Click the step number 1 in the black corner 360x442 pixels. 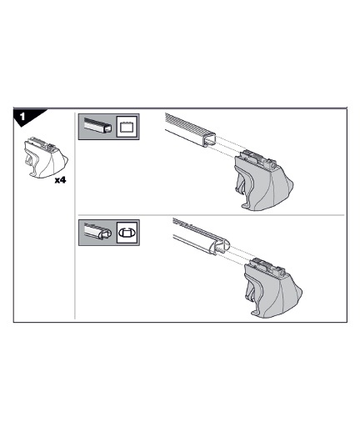point(22,116)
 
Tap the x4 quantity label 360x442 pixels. point(60,180)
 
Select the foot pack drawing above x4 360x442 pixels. point(45,158)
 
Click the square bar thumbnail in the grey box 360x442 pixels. point(97,126)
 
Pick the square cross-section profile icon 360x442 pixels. point(127,127)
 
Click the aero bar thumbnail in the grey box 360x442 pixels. point(97,232)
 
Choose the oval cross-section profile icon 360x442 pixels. point(127,233)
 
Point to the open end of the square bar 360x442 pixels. point(208,140)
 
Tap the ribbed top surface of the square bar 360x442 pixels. point(188,123)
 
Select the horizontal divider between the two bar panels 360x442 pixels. point(211,215)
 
